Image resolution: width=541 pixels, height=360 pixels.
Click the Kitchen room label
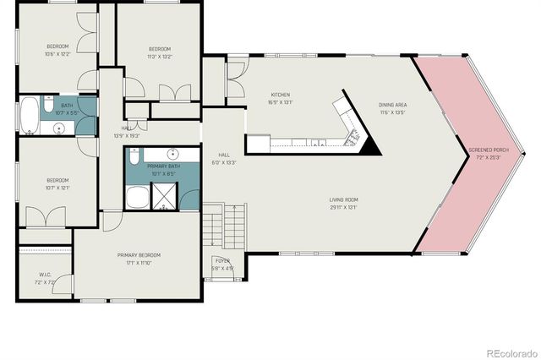click(281, 94)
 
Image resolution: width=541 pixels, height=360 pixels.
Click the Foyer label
click(222, 262)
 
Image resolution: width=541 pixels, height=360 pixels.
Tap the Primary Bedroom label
click(139, 254)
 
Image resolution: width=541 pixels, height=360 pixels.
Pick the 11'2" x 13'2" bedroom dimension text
click(160, 57)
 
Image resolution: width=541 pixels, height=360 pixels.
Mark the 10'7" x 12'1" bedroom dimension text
click(57, 188)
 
